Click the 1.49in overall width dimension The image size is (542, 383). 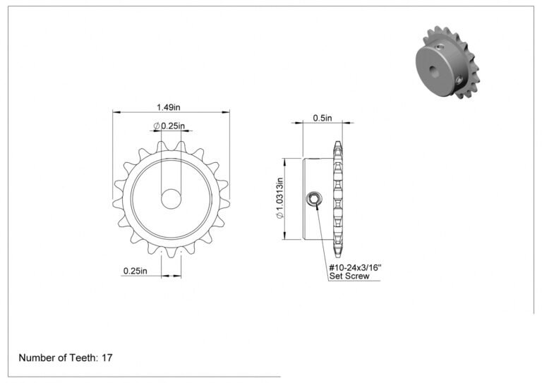[169, 107]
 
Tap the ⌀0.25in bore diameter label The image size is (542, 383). [169, 126]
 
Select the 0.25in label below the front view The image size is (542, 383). [135, 271]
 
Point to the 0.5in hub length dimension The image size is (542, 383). [323, 118]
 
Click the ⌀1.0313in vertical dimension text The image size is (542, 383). [279, 198]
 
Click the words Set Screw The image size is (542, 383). [349, 276]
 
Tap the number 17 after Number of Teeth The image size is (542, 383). [107, 358]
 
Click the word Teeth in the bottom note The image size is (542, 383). [84, 358]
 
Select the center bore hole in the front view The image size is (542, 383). [171, 199]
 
